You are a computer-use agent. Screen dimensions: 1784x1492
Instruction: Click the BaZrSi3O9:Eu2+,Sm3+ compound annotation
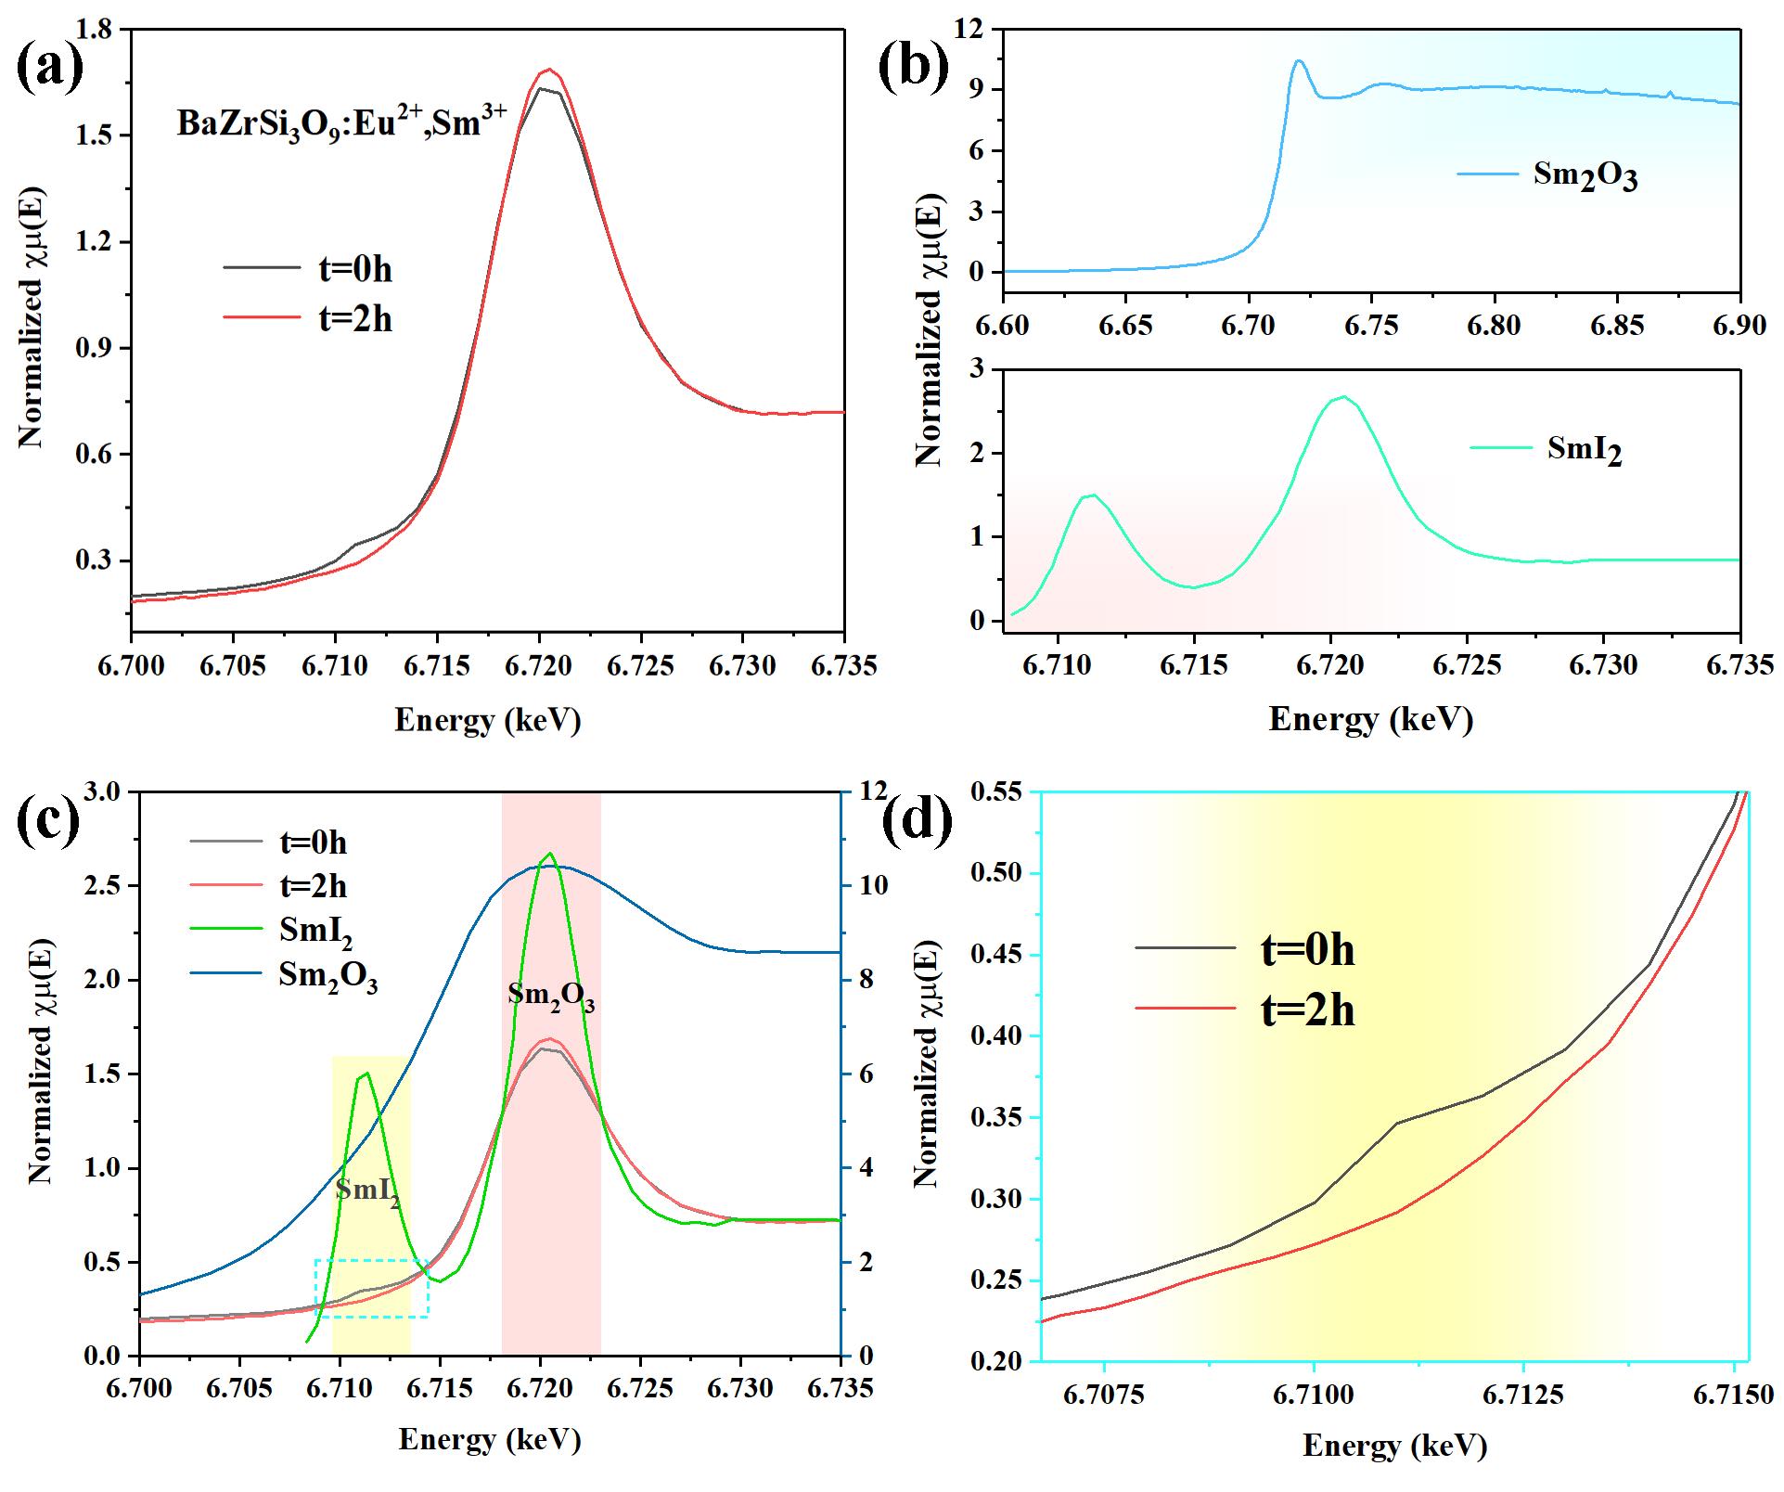coord(342,122)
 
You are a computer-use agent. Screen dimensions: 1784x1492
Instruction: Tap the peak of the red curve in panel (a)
coord(548,69)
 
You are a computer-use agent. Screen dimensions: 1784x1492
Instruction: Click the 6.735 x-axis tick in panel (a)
coord(843,667)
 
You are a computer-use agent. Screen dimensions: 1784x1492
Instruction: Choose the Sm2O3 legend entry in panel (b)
coord(1547,175)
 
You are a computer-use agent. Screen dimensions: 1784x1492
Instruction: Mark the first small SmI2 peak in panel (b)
coord(1093,495)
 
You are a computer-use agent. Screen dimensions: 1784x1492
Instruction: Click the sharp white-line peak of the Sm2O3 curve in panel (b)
coord(1299,61)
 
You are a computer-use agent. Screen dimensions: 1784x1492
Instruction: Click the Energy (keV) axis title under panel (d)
coord(1394,1446)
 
